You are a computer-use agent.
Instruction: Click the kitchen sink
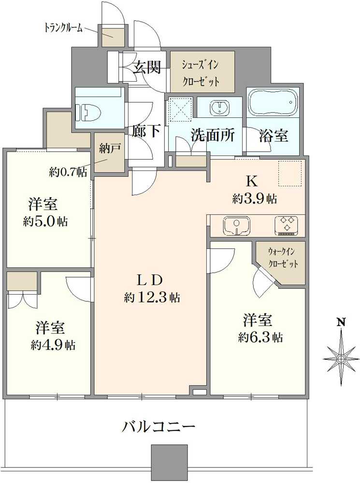point(236,226)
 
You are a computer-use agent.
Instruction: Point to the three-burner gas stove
point(287,226)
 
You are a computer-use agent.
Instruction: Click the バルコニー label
point(158,426)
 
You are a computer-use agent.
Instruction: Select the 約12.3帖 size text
point(152,298)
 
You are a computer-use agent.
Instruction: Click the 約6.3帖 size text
point(260,337)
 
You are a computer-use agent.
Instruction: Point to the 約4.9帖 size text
point(53,345)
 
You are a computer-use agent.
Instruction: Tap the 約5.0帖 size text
point(45,221)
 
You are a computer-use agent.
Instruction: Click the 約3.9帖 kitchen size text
point(255,199)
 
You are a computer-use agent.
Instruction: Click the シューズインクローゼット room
point(202,71)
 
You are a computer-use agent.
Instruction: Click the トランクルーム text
point(63,28)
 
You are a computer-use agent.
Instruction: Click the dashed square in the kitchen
point(290,173)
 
